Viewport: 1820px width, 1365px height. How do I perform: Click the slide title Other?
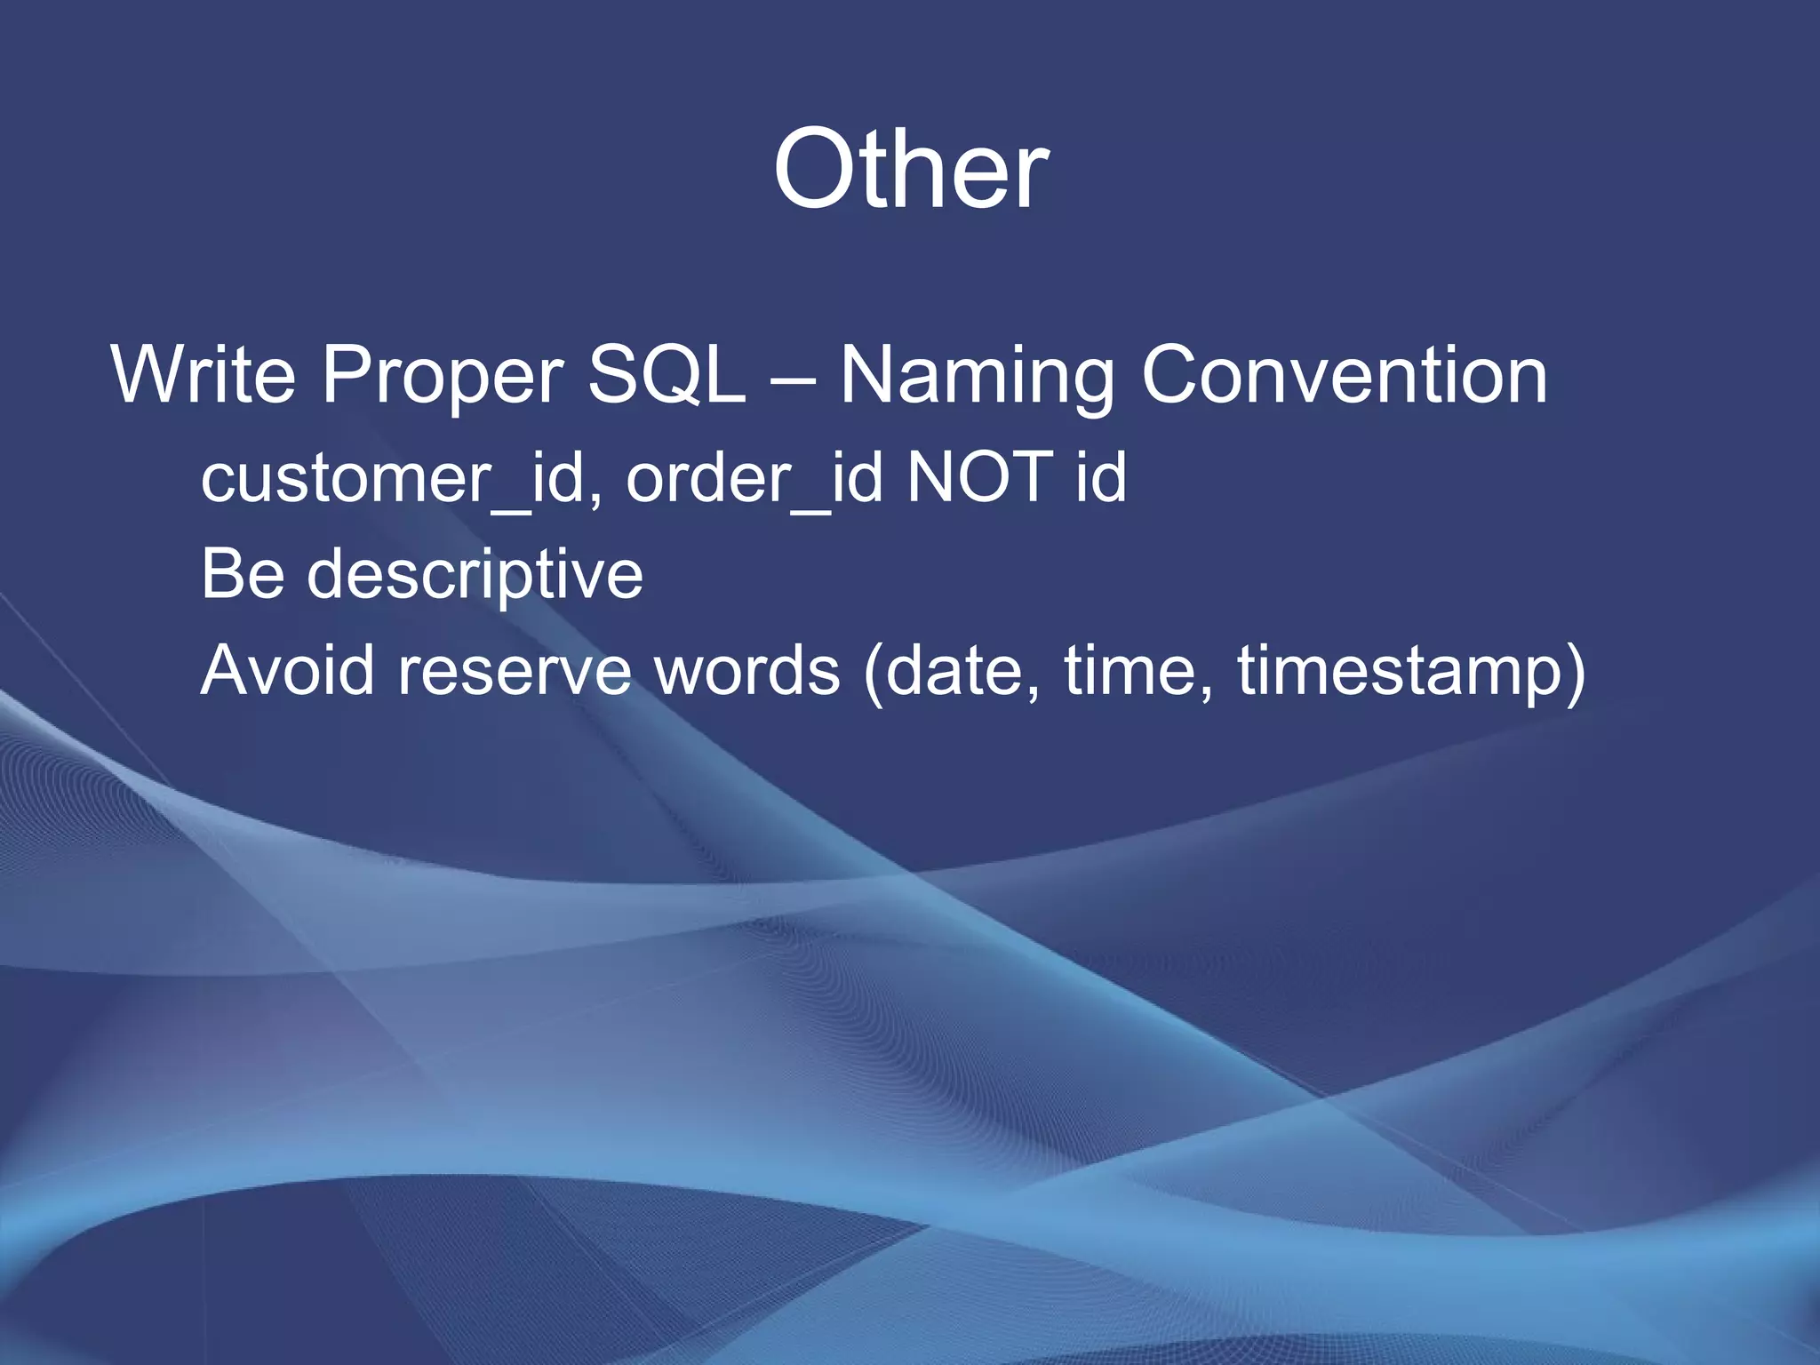click(x=910, y=169)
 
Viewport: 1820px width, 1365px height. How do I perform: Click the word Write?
click(x=203, y=375)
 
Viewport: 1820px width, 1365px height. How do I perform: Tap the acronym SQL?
click(x=667, y=375)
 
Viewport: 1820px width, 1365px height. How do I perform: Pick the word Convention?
click(x=1345, y=375)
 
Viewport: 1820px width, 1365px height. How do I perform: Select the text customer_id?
click(x=393, y=478)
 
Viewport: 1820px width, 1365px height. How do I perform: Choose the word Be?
click(x=242, y=574)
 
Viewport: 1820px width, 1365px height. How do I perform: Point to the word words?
click(x=746, y=669)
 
